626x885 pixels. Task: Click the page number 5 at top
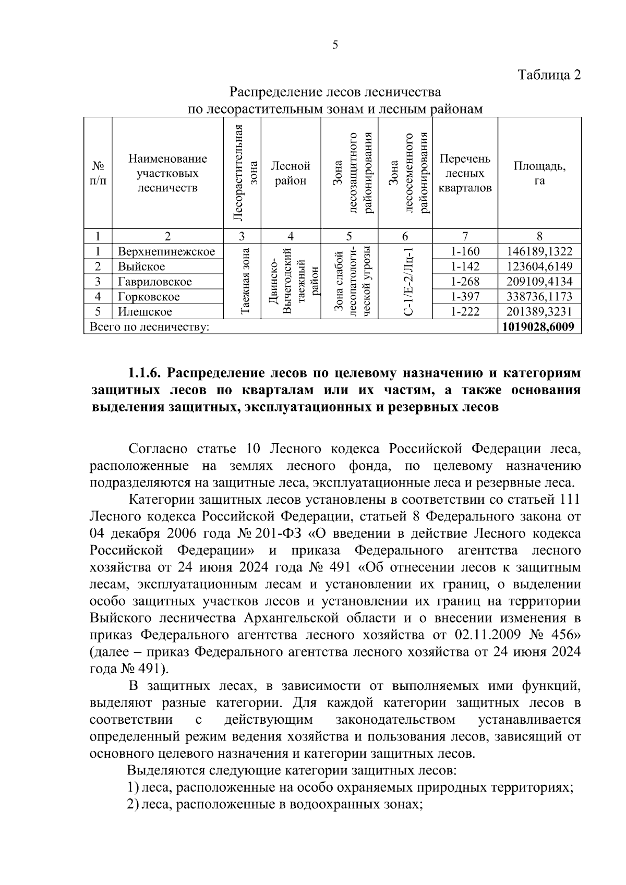335,45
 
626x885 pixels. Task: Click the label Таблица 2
549,75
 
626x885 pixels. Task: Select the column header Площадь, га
539,173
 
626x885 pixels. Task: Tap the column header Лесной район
290,173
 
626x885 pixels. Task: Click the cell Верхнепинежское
166,251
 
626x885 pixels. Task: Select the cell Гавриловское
154,282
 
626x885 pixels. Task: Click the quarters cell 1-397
465,297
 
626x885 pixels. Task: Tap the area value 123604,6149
539,266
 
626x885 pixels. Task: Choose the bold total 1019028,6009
539,327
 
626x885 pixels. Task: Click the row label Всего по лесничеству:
150,327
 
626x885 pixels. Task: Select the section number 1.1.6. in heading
147,373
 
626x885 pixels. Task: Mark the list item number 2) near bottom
133,804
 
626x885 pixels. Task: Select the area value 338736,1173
539,297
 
